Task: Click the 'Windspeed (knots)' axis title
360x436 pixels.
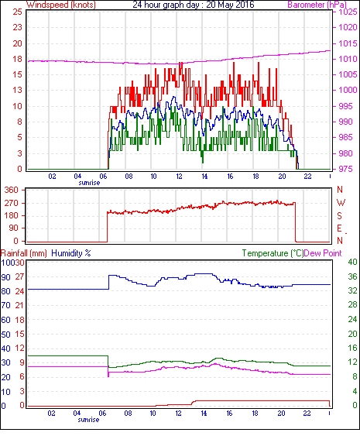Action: tap(61, 5)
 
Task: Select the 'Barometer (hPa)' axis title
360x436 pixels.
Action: tap(317, 5)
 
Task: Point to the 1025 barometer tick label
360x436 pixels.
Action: tap(348, 12)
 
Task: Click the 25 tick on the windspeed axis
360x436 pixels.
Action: tap(17, 12)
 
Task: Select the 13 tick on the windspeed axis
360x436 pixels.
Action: tap(17, 90)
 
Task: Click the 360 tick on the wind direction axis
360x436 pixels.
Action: tap(11, 191)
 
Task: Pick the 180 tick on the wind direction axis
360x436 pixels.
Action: tap(11, 215)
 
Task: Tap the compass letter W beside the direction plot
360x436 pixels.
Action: tap(341, 203)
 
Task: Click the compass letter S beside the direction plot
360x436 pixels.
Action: tap(339, 215)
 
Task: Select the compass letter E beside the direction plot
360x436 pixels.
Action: tap(339, 228)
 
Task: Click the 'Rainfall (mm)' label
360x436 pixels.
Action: tap(23, 253)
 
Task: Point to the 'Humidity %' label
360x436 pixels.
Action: tap(71, 253)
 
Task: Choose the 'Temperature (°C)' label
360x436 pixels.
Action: tap(273, 253)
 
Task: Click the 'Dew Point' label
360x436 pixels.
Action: tap(323, 253)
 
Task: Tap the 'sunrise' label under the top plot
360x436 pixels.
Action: tap(89, 183)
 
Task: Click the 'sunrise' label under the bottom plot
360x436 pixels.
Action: tap(88, 420)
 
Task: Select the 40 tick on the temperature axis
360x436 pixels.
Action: tap(352, 262)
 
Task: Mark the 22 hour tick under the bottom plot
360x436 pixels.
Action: tap(307, 414)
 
